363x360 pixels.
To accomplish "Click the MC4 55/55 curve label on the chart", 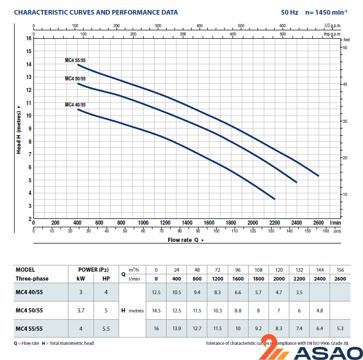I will [x=75, y=61].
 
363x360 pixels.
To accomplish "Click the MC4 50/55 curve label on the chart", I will [x=75, y=79].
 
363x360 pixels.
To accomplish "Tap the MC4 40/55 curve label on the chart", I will [x=75, y=105].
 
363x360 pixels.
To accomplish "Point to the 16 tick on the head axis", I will [x=29, y=38].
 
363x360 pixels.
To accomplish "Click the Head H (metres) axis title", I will [x=18, y=129].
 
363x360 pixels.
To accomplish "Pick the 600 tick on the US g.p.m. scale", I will [x=282, y=25].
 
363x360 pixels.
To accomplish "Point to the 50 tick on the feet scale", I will [x=345, y=48].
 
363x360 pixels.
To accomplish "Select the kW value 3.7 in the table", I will [x=81, y=310].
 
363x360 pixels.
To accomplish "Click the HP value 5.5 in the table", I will [x=106, y=328].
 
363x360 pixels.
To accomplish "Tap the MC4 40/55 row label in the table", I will [x=29, y=292].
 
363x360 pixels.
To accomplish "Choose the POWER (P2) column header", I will [x=93, y=270].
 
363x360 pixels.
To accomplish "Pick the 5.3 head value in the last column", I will [x=340, y=328].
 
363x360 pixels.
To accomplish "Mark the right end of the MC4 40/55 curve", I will [x=274, y=199].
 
